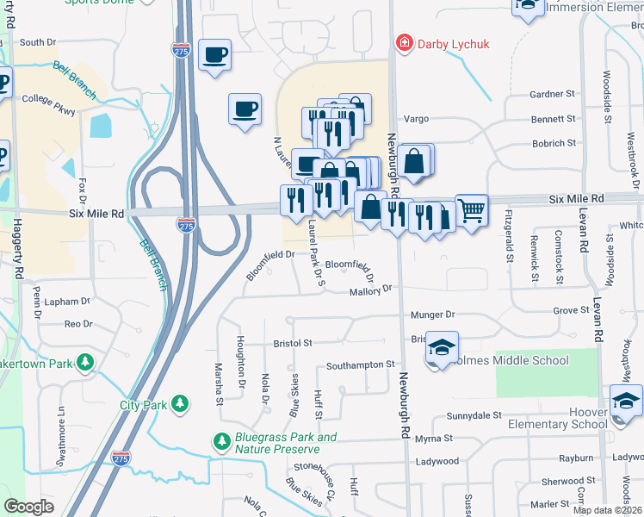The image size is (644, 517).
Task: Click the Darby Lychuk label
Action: [x=448, y=43]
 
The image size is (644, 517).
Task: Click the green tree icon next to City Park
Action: [x=180, y=403]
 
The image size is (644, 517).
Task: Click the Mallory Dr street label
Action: [x=370, y=291]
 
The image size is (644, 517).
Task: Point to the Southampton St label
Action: [x=360, y=365]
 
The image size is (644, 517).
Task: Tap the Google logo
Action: [x=28, y=506]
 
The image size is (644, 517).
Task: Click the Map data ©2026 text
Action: [x=607, y=510]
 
